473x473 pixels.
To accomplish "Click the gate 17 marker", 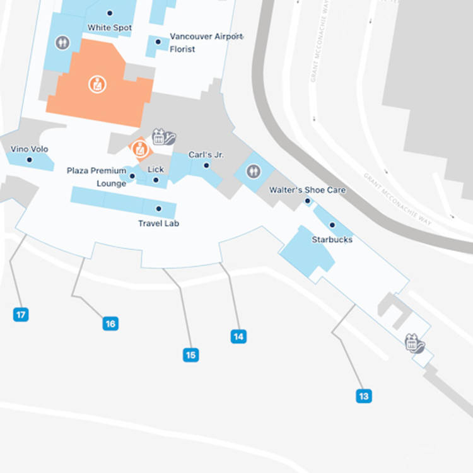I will [21, 314].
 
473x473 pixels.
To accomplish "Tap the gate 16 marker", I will [110, 324].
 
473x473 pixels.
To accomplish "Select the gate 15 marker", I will [190, 355].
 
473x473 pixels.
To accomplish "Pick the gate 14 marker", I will [238, 336].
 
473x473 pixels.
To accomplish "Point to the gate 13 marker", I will [363, 396].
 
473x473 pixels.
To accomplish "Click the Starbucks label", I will [332, 240].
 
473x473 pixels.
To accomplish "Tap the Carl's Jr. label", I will [206, 155].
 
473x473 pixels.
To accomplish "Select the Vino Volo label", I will [30, 149].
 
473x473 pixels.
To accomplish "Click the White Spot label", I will [110, 28].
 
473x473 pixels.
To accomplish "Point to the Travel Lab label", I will [159, 223].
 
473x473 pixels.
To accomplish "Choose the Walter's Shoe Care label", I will [307, 190].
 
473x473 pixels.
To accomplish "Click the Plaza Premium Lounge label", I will [96, 177].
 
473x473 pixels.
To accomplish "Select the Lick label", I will [156, 170].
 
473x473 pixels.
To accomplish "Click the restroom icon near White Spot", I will [62, 42].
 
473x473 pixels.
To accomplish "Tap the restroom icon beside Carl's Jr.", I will [254, 170].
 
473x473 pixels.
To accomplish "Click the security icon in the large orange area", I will [97, 84].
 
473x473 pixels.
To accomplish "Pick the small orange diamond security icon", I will [139, 149].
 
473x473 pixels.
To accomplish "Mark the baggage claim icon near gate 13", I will [414, 344].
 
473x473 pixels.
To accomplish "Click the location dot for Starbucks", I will [332, 225].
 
